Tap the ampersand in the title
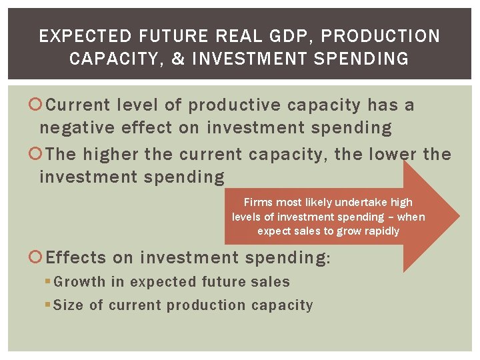[177, 59]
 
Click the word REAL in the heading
[236, 36]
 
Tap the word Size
[69, 305]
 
